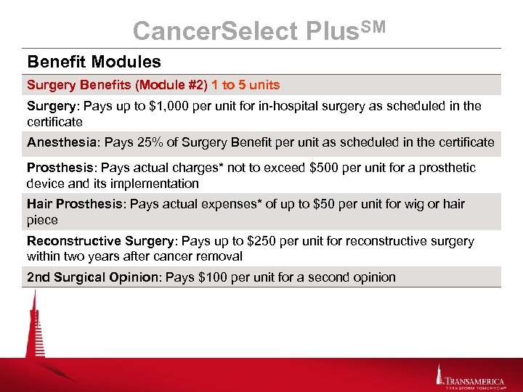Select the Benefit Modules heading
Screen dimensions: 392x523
[x=94, y=62]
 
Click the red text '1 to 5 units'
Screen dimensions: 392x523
[x=246, y=85]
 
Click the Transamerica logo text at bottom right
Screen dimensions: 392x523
[x=474, y=378]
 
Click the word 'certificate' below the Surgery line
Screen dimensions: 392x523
[x=54, y=122]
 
